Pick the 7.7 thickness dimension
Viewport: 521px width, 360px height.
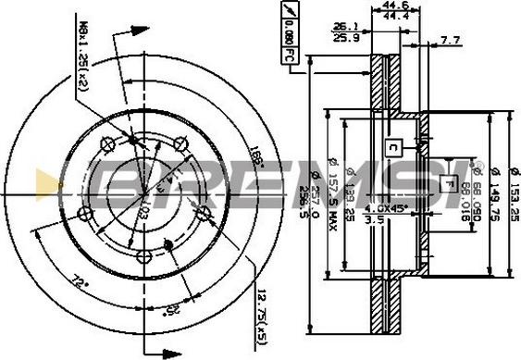451,40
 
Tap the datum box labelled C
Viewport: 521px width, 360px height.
392,145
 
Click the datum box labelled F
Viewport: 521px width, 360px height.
449,181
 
